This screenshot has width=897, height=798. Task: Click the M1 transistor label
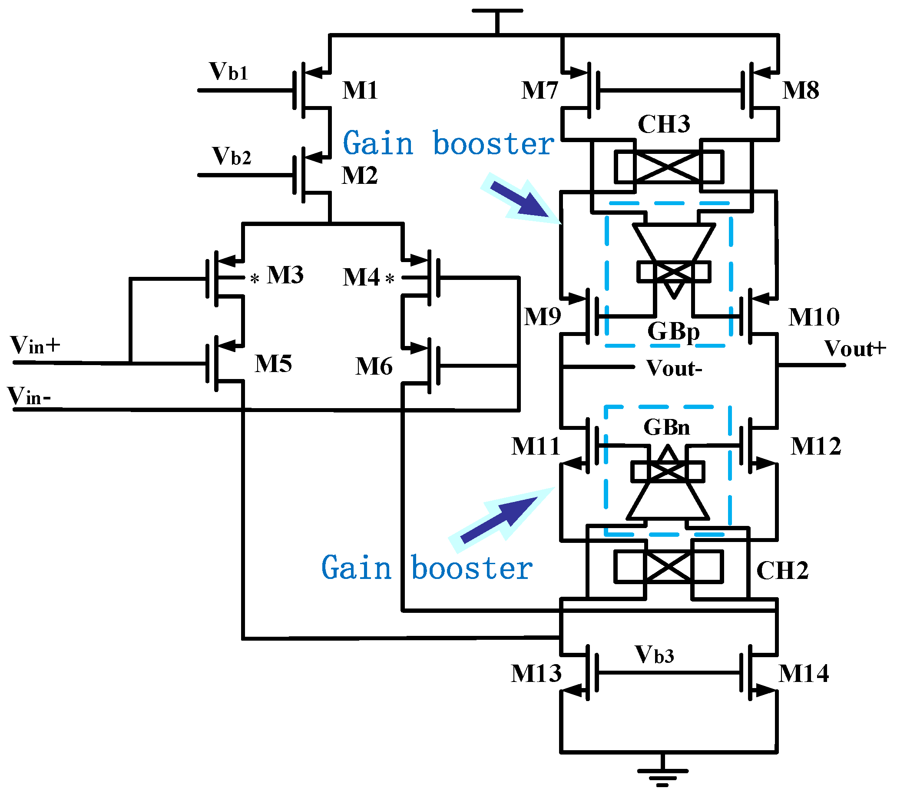[360, 90]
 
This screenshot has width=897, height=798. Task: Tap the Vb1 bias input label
[228, 72]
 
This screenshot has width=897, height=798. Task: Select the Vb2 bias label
[231, 156]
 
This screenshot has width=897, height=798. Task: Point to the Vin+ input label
[35, 346]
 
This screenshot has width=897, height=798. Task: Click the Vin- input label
[29, 396]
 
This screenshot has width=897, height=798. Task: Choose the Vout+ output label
[855, 349]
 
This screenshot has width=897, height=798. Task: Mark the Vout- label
[674, 369]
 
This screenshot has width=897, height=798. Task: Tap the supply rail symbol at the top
[497, 13]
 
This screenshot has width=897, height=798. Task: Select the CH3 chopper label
[664, 124]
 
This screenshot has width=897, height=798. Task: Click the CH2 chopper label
[782, 571]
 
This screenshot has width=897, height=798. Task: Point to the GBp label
[673, 332]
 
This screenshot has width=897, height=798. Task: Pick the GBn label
[667, 427]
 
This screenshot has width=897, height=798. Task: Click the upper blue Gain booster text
[448, 143]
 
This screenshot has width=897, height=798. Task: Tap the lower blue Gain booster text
[427, 569]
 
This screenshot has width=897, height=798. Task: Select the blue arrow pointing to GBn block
[500, 518]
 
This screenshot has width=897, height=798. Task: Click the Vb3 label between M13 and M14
[654, 655]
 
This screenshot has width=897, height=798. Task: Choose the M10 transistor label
[814, 317]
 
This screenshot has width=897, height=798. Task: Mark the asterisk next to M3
[255, 279]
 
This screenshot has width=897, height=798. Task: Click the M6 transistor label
[374, 366]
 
